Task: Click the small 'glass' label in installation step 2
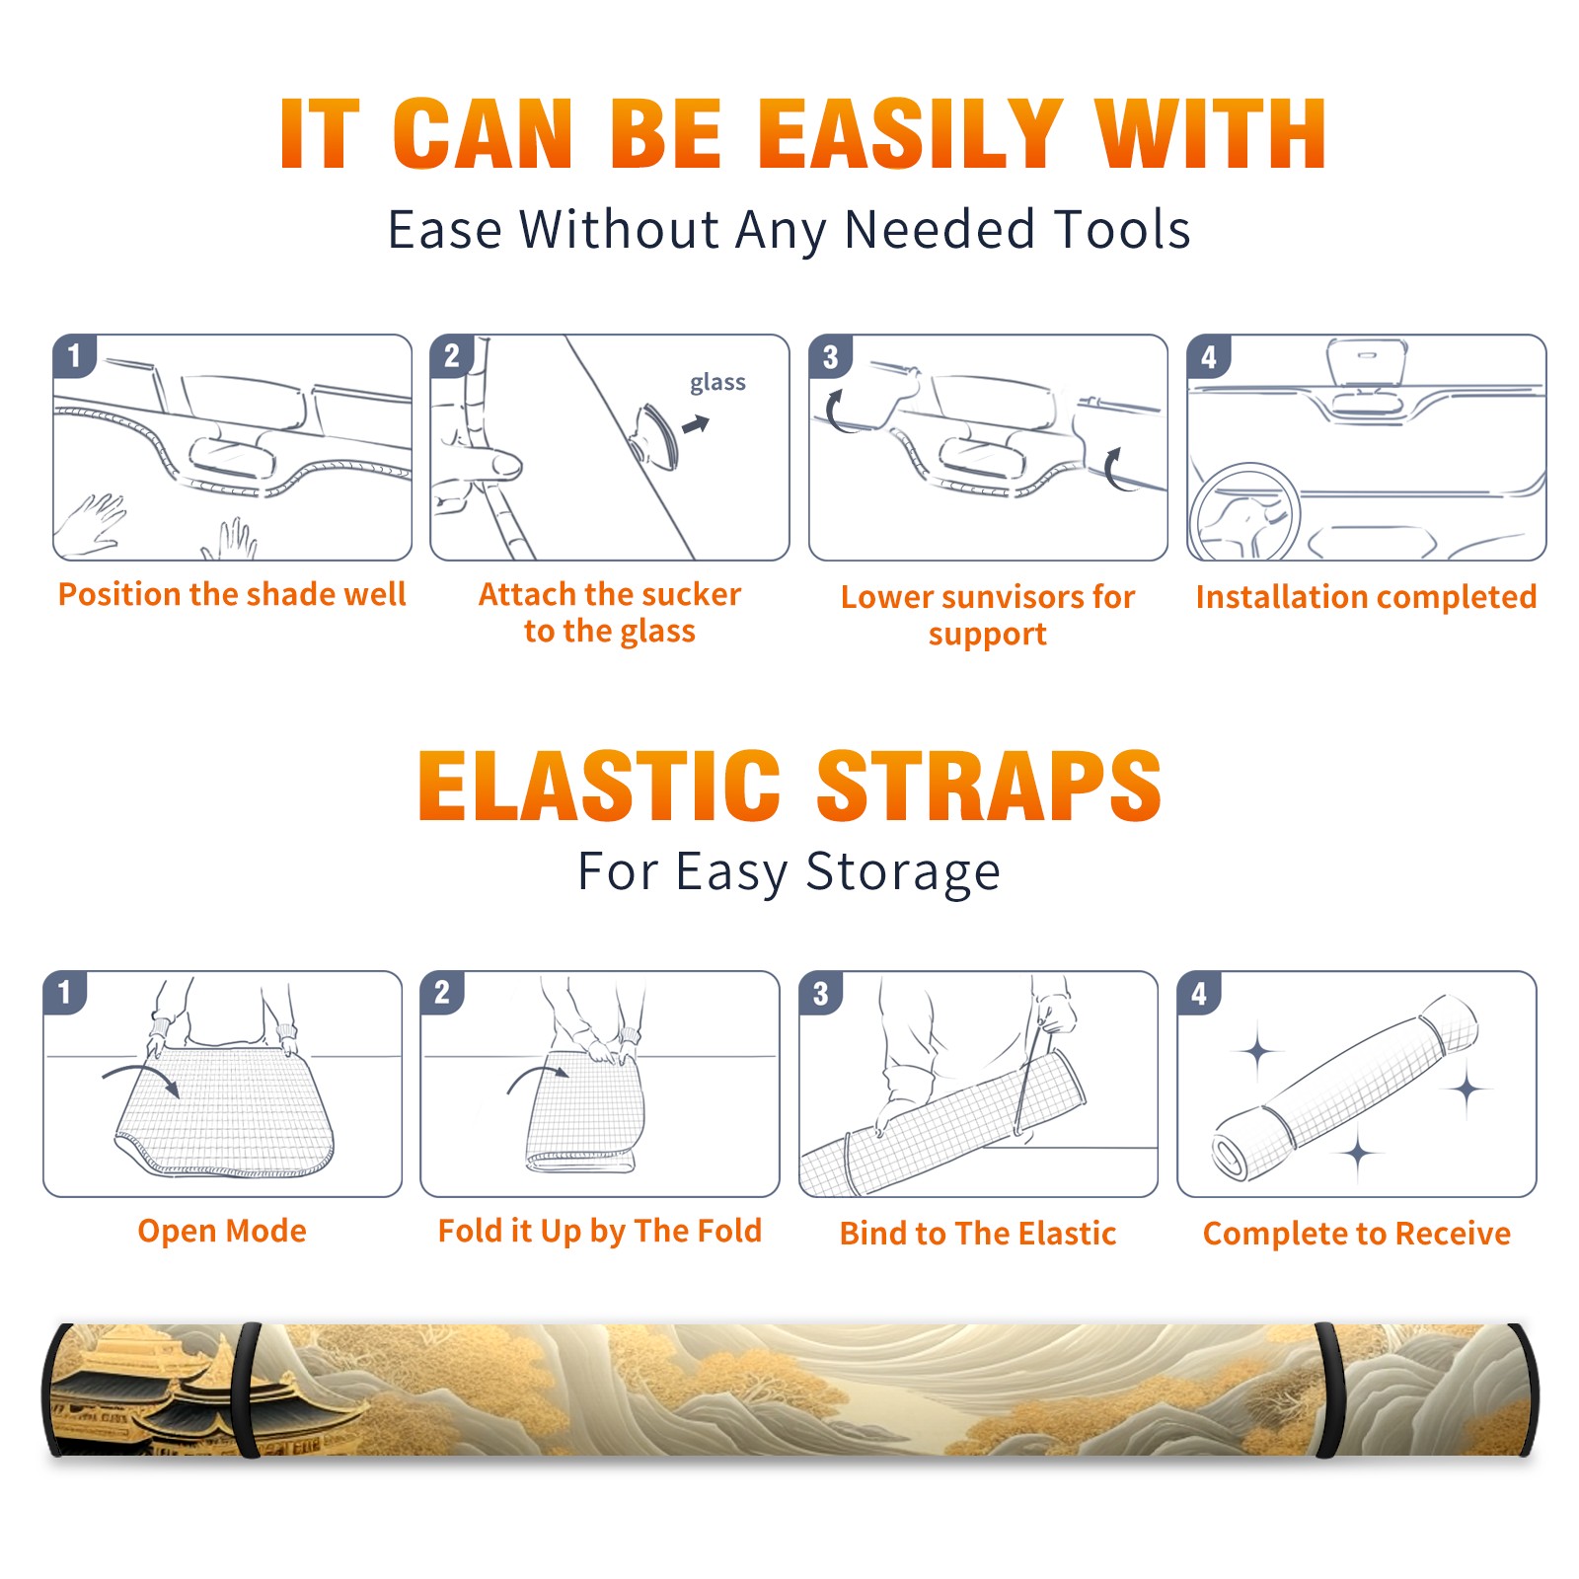point(717,383)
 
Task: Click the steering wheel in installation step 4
point(1244,512)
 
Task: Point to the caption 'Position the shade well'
point(232,594)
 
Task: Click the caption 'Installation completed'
point(1366,597)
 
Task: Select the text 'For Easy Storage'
point(789,872)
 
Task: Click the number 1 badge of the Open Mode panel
point(65,992)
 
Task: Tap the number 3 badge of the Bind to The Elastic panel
point(820,993)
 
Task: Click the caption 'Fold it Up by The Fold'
point(600,1231)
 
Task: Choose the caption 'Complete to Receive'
point(1357,1234)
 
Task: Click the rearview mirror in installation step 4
point(1367,363)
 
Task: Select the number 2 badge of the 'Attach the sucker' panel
point(452,355)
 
